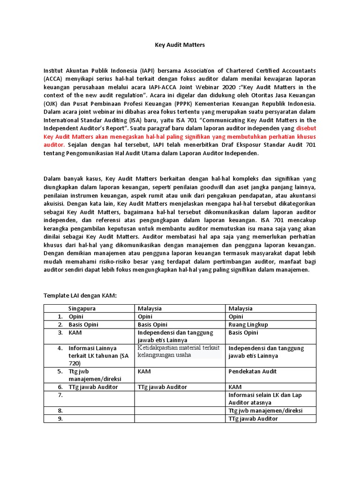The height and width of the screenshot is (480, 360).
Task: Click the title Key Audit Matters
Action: click(x=180, y=45)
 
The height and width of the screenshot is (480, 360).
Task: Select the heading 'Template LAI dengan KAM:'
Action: click(x=80, y=296)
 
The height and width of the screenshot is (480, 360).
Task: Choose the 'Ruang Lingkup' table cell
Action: click(x=248, y=324)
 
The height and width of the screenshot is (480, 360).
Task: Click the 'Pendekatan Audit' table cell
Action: click(x=252, y=371)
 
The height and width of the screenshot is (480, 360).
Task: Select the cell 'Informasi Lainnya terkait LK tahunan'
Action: click(x=92, y=355)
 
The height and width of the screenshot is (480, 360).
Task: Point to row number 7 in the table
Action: click(x=60, y=395)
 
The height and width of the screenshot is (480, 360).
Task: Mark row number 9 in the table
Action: click(x=60, y=419)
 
